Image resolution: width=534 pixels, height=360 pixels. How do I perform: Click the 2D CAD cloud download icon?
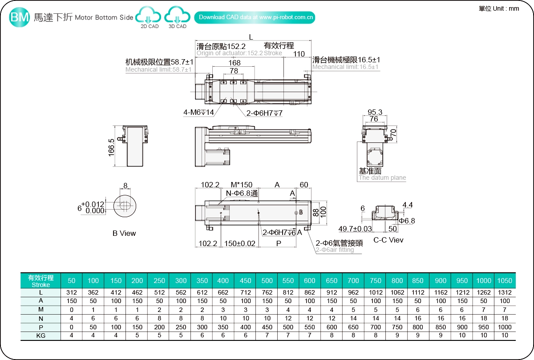(150, 16)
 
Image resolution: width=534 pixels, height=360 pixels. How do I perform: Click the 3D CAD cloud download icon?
(178, 16)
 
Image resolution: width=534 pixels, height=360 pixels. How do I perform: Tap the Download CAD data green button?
(255, 17)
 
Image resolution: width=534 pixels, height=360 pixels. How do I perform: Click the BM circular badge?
(20, 17)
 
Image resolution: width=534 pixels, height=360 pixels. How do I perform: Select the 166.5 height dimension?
(111, 147)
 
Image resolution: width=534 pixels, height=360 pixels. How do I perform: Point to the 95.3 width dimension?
(375, 112)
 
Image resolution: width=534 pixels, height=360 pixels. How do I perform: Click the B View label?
(124, 233)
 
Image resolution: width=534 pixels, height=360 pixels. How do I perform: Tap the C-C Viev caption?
(388, 240)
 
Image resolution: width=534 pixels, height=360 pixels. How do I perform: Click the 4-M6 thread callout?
(199, 113)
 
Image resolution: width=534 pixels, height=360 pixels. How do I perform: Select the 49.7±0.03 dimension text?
(355, 229)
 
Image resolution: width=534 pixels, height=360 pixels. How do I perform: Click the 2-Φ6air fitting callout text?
(335, 250)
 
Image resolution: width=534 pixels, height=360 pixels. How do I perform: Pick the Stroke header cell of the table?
(40, 281)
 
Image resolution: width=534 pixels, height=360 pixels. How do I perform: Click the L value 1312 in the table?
(505, 292)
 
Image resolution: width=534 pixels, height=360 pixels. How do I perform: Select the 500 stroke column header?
(267, 281)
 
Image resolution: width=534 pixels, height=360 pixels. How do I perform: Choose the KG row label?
(40, 336)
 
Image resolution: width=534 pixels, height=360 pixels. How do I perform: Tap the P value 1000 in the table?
(505, 327)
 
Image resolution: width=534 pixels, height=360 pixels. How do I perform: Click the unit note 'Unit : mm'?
(499, 8)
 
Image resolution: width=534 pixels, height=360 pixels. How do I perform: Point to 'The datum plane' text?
(382, 178)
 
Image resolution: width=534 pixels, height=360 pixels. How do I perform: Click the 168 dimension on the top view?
(235, 63)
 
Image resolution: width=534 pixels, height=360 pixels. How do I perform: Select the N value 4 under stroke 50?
(72, 318)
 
